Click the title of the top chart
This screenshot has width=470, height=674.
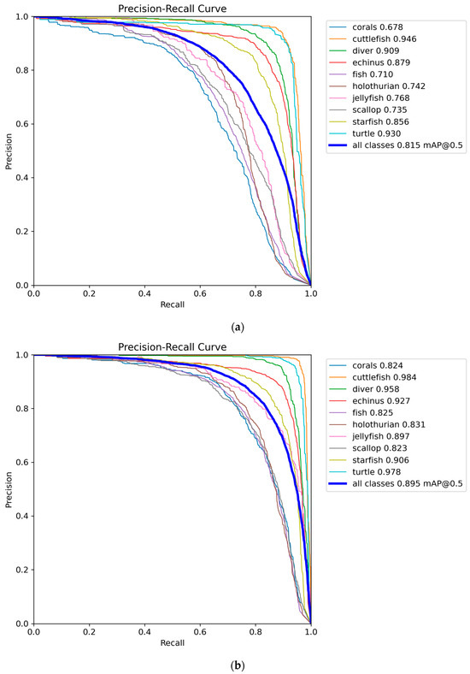click(172, 9)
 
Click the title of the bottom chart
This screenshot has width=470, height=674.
click(172, 347)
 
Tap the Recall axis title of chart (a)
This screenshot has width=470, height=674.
click(172, 305)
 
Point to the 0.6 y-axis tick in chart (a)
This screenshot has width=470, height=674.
click(21, 124)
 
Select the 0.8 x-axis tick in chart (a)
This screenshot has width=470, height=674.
click(256, 294)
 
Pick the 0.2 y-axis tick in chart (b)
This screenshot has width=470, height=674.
click(21, 570)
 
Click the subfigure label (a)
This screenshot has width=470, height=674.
click(235, 325)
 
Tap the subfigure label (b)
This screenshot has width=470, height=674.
click(235, 663)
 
